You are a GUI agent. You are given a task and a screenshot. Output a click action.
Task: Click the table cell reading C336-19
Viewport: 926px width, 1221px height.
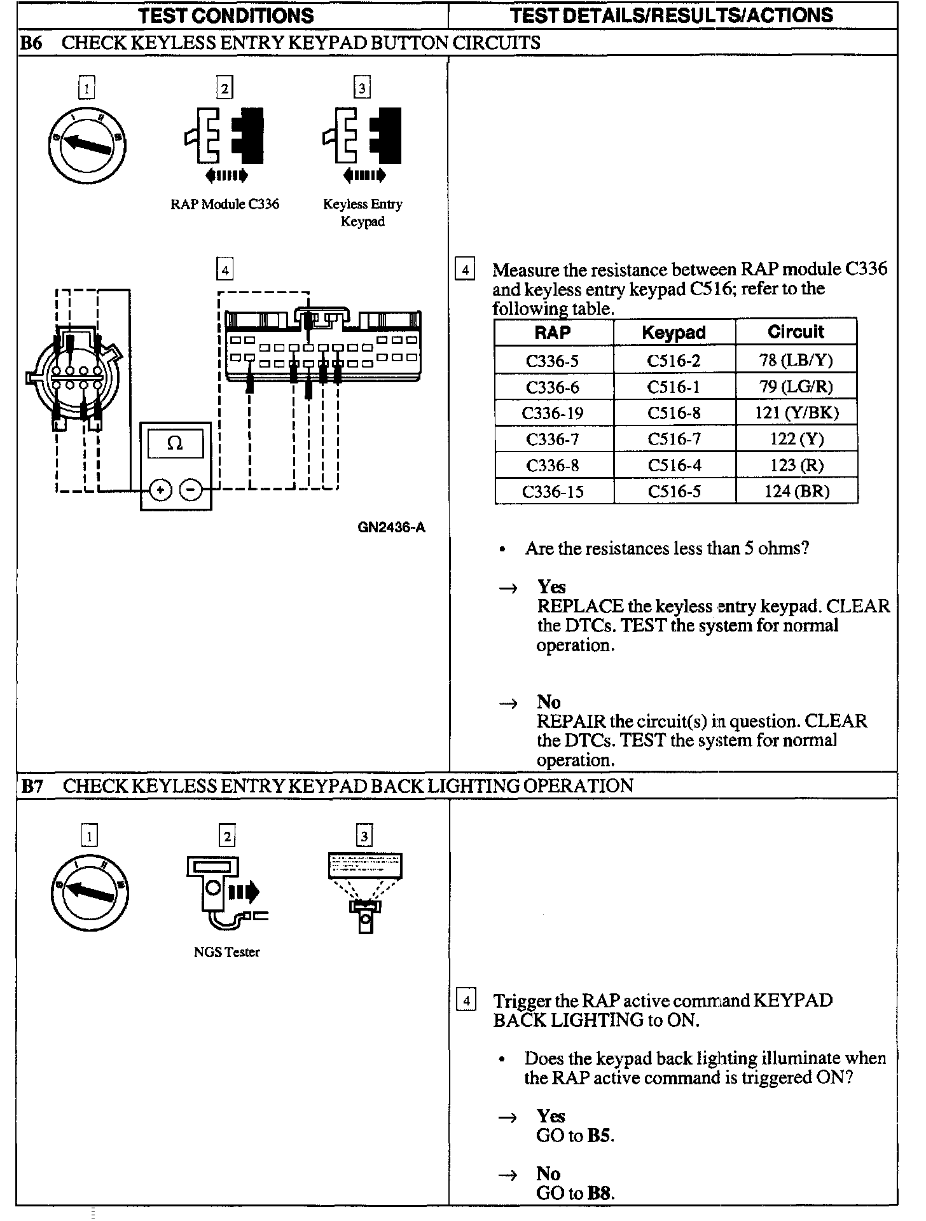pos(553,413)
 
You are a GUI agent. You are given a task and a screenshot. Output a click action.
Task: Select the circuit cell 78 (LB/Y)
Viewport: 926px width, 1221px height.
pos(796,361)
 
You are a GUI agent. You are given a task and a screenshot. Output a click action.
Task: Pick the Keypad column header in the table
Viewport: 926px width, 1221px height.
pos(674,333)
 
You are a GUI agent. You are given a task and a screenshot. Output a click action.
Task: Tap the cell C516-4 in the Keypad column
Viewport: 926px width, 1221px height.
pos(674,466)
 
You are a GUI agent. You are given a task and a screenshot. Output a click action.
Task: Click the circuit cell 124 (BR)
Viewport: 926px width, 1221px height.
pos(796,492)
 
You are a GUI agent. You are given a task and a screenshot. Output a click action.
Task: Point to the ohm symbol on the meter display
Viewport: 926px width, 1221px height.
pos(175,443)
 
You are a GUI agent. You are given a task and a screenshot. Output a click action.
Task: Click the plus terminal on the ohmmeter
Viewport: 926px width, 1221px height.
pos(161,490)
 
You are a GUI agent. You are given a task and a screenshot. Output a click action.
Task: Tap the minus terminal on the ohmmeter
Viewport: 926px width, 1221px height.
pos(191,490)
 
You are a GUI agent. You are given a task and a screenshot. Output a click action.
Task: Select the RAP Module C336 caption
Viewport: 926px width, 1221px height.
pos(225,204)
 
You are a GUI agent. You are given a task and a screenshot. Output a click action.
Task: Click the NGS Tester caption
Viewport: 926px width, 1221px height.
pos(226,952)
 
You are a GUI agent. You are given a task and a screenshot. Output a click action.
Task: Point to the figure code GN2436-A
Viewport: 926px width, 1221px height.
pos(391,527)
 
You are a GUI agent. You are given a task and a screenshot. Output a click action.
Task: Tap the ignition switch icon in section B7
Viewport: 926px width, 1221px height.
pos(90,893)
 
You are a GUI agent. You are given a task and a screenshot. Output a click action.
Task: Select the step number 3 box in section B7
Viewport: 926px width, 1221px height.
pos(364,836)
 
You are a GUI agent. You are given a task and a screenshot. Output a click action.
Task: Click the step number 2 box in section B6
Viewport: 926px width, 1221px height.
pos(225,87)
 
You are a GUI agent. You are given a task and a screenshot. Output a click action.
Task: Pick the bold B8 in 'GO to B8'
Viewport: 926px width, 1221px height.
pos(600,1193)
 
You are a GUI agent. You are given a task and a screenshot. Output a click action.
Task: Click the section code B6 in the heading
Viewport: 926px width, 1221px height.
pos(32,43)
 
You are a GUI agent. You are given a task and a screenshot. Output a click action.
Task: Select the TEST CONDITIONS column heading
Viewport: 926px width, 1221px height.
pos(226,15)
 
